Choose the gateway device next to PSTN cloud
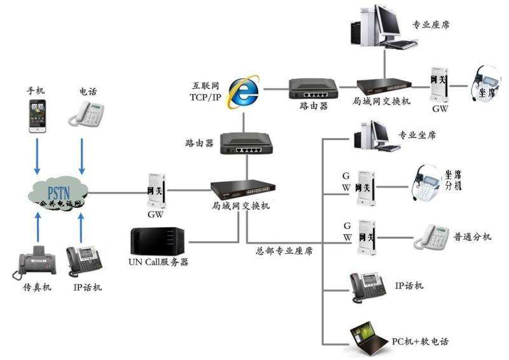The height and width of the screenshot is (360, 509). tap(155, 190)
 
